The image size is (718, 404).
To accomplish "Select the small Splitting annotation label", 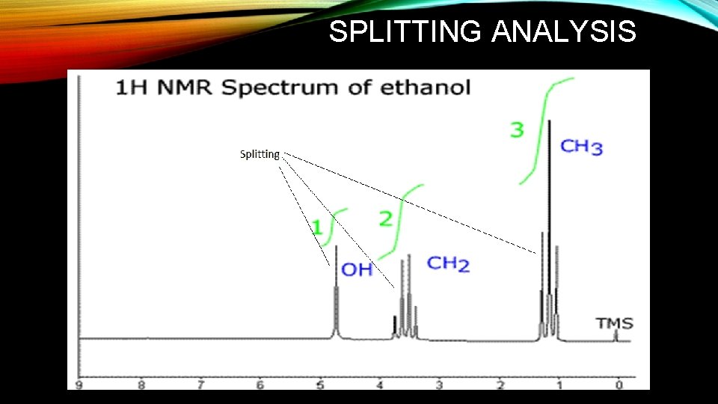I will (260, 155).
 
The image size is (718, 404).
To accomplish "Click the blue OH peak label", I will (357, 269).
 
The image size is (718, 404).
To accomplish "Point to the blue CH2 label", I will (448, 263).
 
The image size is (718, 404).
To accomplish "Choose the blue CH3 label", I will (581, 146).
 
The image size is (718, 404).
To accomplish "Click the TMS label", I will (614, 324).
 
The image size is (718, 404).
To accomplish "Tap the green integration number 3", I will (517, 129).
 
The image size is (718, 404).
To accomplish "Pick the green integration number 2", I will (386, 218).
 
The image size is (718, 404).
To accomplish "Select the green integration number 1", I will (317, 227).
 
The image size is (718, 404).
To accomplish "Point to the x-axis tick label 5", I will (319, 385).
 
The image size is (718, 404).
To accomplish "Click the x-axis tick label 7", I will (200, 385).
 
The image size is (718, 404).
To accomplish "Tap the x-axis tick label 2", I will (500, 385).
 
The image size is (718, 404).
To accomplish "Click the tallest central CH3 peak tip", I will (549, 122).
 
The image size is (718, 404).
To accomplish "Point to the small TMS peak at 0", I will (616, 335).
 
